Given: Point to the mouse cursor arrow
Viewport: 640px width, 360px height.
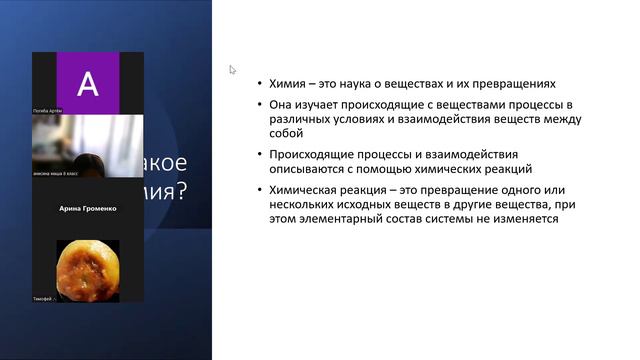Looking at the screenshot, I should [232, 70].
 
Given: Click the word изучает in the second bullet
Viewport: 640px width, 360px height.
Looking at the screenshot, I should [316, 104].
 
